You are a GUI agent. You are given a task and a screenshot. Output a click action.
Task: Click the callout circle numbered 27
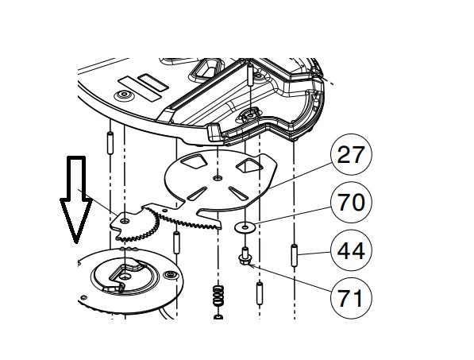pos(350,154)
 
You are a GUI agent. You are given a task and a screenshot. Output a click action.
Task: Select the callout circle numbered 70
pos(350,203)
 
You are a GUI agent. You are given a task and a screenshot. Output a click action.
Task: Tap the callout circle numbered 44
pos(351,250)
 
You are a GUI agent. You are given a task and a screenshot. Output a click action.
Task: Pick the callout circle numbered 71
pos(351,298)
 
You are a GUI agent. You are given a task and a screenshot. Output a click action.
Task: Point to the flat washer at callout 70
pos(245,226)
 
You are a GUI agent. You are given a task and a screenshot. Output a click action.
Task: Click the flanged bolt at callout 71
pos(245,256)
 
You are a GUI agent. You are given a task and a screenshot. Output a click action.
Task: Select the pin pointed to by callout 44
pos(294,256)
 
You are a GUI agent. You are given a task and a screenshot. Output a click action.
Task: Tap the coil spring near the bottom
pos(218,295)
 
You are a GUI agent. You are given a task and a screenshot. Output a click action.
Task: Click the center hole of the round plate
pos(217,178)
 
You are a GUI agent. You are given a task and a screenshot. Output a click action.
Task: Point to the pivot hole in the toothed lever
pos(124,222)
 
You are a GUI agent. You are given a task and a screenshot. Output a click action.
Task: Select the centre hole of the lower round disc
pos(125,277)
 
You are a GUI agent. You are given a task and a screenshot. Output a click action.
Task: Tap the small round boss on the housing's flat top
pos(123,95)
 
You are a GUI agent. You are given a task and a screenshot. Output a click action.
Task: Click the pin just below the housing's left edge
pos(110,143)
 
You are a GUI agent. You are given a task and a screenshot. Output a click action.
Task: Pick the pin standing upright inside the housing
pos(251,75)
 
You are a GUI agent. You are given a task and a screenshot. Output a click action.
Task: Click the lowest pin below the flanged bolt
pos(260,293)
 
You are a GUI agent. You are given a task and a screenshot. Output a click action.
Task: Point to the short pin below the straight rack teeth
pos(176,242)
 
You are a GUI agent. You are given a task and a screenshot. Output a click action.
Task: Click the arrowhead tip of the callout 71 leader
pos(248,265)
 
